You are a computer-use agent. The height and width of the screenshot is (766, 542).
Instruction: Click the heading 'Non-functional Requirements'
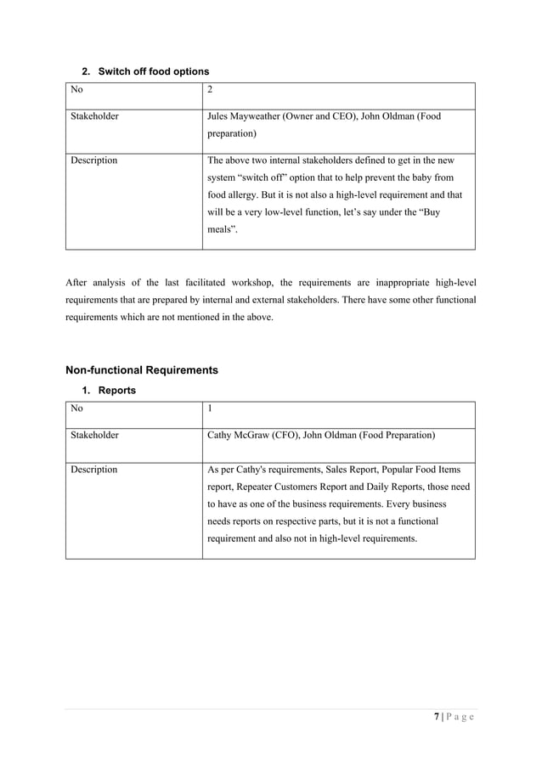point(142,370)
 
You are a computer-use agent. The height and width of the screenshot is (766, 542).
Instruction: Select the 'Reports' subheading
point(117,391)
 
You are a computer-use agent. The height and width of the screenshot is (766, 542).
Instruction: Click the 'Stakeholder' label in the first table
point(93,116)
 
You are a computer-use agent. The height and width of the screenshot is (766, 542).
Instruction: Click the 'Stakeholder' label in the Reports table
point(93,436)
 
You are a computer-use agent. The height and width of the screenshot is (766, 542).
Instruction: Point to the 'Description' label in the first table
point(93,160)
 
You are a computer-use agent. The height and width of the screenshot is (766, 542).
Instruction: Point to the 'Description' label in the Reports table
point(93,469)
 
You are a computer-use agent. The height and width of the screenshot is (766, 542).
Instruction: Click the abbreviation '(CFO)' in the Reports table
point(285,436)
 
